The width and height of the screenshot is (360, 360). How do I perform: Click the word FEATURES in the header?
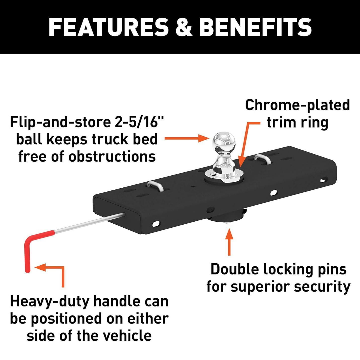tap(108, 27)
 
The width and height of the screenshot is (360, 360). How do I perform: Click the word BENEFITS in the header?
tap(255, 27)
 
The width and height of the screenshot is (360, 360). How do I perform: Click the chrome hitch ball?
tap(224, 142)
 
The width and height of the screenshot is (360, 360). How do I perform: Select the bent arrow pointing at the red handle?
tap(55, 272)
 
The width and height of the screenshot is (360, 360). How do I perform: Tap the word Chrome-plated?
tap(297, 105)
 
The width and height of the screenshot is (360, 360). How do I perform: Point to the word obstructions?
tap(112, 157)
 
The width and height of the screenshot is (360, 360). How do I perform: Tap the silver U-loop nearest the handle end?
tap(155, 186)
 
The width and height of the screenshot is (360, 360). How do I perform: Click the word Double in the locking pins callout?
tap(235, 269)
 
